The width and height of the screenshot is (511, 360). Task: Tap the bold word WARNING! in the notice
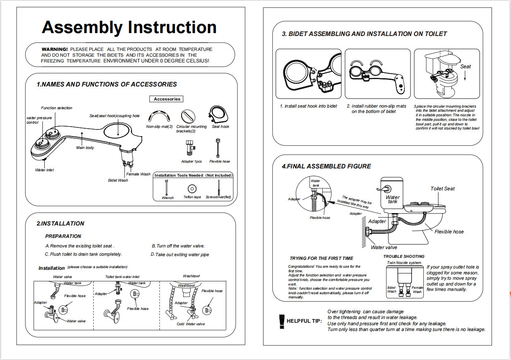[55, 49]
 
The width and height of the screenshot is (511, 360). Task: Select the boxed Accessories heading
[167, 99]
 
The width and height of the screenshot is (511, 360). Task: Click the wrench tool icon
[166, 187]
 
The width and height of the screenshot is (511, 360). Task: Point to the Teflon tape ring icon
[192, 188]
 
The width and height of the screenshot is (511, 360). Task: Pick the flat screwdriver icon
[218, 187]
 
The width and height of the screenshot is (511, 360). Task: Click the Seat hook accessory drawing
[218, 114]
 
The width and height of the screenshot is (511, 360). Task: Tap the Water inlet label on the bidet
[44, 170]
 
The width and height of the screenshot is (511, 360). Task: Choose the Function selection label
[56, 108]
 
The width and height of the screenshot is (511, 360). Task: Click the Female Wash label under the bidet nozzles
[138, 174]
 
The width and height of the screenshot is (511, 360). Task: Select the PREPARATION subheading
[63, 236]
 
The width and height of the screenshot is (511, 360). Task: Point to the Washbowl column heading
[192, 276]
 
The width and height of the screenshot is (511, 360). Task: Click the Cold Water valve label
[191, 324]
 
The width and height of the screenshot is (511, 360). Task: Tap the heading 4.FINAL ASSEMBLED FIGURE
[326, 166]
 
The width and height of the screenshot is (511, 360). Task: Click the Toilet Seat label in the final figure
[442, 189]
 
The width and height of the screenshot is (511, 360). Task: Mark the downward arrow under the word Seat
[465, 75]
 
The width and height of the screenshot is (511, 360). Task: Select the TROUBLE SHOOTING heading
[403, 257]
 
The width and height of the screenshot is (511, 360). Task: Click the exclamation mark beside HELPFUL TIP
[282, 321]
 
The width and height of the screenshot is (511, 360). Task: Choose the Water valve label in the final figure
[384, 247]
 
